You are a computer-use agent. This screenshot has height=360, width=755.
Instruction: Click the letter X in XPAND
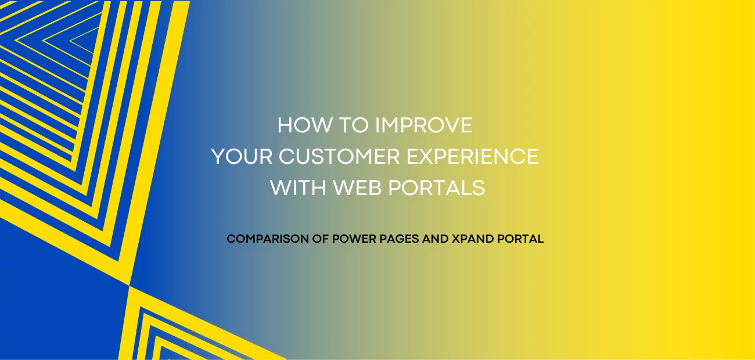(x=455, y=239)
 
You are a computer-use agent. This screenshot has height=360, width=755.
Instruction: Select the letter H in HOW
(x=285, y=126)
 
